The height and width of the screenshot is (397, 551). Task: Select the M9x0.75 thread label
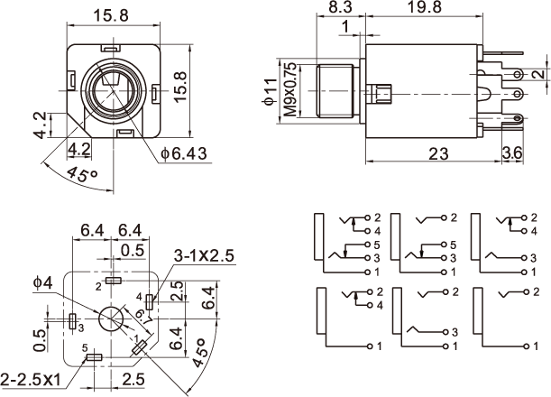point(289,93)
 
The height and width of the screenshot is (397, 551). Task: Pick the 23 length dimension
point(438,153)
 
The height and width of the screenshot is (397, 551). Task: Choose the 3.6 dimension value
point(511,153)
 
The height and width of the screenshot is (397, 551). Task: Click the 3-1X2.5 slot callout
point(203,256)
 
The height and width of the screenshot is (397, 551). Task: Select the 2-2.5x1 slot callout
point(32,377)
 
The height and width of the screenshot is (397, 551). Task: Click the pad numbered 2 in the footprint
point(113,282)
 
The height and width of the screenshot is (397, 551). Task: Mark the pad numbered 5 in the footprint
point(93,357)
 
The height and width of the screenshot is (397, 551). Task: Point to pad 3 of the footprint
point(72,320)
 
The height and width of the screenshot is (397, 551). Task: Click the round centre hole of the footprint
point(113,320)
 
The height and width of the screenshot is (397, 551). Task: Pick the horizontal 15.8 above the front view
point(112,15)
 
